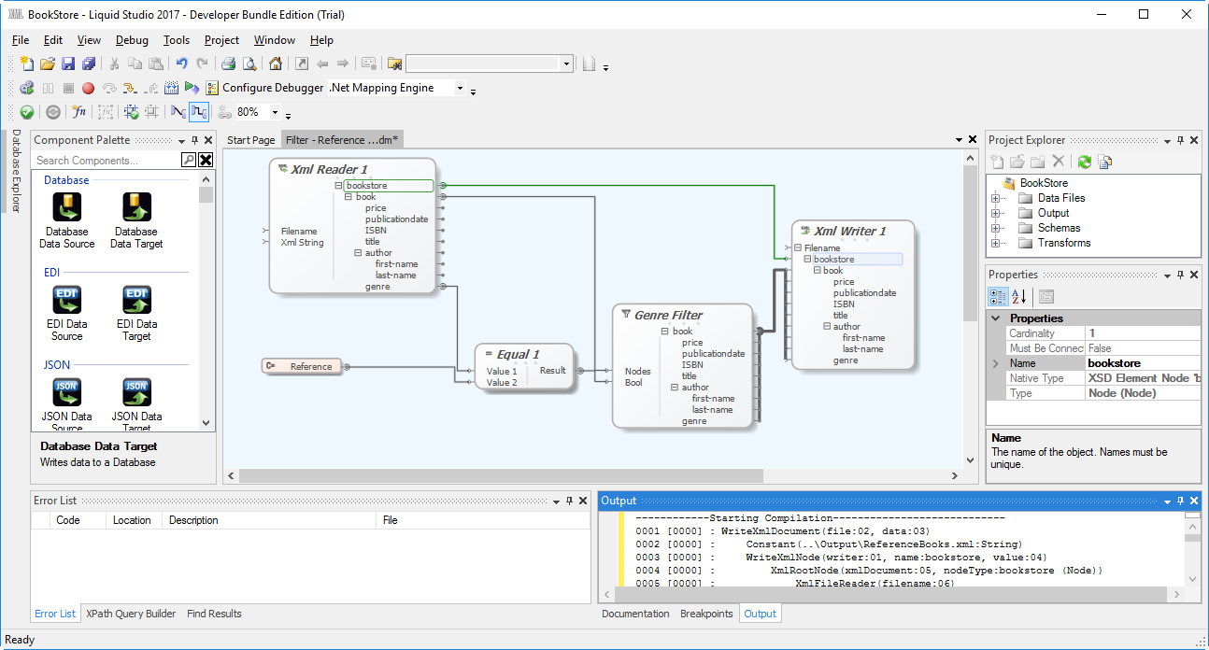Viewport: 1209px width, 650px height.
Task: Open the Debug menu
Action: (x=132, y=40)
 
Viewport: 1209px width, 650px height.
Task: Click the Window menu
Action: (x=274, y=40)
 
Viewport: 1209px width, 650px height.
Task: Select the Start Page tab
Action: (x=251, y=140)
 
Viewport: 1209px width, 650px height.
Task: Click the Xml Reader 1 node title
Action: (x=328, y=169)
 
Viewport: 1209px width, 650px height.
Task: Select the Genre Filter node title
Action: (x=668, y=315)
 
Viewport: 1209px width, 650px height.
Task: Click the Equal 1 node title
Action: (x=518, y=354)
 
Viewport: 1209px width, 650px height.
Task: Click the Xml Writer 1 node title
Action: (x=849, y=231)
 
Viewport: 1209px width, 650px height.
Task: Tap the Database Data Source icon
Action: (x=67, y=207)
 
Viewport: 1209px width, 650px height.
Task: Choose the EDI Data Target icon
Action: (x=136, y=300)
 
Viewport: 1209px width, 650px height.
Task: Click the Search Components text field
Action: (x=107, y=161)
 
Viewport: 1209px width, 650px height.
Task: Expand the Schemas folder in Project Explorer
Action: (x=996, y=228)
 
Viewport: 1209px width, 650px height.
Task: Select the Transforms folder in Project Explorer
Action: (x=1063, y=243)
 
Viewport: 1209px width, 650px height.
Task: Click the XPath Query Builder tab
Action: (x=131, y=614)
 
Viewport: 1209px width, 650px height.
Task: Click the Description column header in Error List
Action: (x=193, y=520)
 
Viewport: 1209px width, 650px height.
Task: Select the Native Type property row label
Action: (x=1036, y=378)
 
